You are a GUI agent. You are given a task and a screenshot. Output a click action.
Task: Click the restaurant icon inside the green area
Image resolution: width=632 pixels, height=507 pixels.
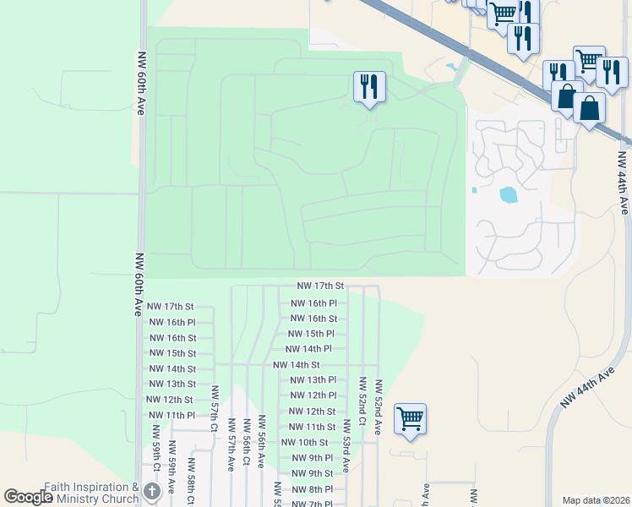pyautogui.click(x=369, y=87)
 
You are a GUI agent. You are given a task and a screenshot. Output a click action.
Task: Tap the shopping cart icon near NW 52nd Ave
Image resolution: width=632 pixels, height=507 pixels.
pyautogui.click(x=410, y=418)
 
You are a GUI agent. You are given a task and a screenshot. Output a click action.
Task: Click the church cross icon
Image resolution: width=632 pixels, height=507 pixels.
pyautogui.click(x=151, y=492)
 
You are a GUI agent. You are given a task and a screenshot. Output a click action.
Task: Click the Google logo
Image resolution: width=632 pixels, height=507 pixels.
pyautogui.click(x=28, y=497)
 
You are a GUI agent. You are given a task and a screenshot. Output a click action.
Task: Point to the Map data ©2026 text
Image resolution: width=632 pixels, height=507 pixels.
pyautogui.click(x=595, y=500)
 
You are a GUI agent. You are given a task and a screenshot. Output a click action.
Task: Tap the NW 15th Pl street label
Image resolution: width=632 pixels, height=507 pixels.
pyautogui.click(x=312, y=334)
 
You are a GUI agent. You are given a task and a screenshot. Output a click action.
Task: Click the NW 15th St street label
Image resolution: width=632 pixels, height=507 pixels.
pyautogui.click(x=172, y=353)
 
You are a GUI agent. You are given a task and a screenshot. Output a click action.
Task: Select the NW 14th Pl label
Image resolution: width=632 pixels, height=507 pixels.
pyautogui.click(x=308, y=349)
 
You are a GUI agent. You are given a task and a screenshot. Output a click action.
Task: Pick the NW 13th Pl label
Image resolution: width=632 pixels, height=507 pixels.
pyautogui.click(x=313, y=380)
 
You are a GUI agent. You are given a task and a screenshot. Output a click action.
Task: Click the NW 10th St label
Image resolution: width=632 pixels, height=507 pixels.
pyautogui.click(x=304, y=442)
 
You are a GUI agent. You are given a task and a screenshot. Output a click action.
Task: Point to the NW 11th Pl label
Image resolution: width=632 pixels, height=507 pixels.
pyautogui.click(x=172, y=415)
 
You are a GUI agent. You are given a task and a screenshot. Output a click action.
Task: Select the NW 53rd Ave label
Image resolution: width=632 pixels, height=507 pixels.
pyautogui.click(x=346, y=455)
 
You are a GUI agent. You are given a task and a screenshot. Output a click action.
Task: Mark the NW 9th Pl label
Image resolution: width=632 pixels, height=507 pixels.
pyautogui.click(x=313, y=458)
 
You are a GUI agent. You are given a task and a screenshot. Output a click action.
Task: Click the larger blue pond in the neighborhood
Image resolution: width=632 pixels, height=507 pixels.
pyautogui.click(x=509, y=195)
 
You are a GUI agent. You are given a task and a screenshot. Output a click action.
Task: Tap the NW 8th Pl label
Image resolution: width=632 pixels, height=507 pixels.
pyautogui.click(x=313, y=489)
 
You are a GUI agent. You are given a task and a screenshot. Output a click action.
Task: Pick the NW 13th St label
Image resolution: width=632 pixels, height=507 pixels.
pyautogui.click(x=172, y=384)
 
